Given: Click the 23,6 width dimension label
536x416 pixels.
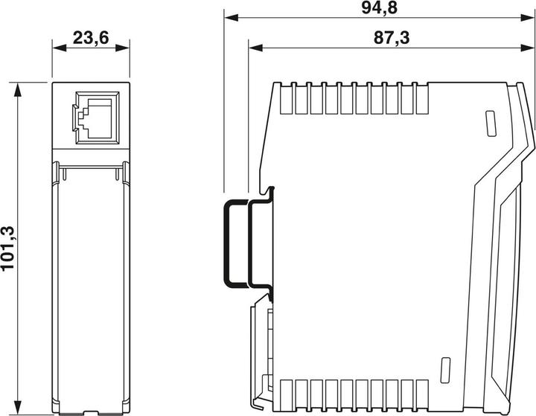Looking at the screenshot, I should click(90, 38).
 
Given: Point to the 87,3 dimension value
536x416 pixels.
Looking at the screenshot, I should click(392, 38).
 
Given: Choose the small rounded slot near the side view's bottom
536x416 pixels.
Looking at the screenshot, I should click(446, 368).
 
